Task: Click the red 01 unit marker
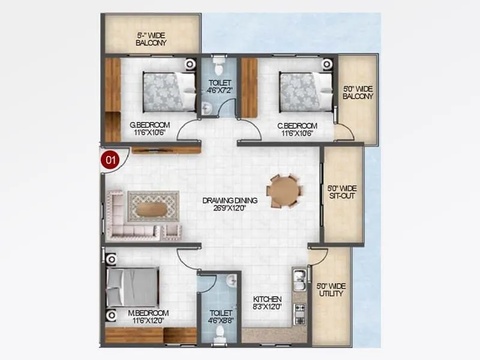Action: coord(110,160)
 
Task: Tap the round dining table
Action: coord(283,191)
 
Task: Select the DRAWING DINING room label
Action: coord(221,204)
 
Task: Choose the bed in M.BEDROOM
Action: coord(132,287)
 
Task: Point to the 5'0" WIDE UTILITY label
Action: coord(331,290)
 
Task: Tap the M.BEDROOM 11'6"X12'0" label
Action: coord(148,317)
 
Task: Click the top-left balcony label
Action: coord(151,39)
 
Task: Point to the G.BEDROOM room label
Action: coord(148,129)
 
